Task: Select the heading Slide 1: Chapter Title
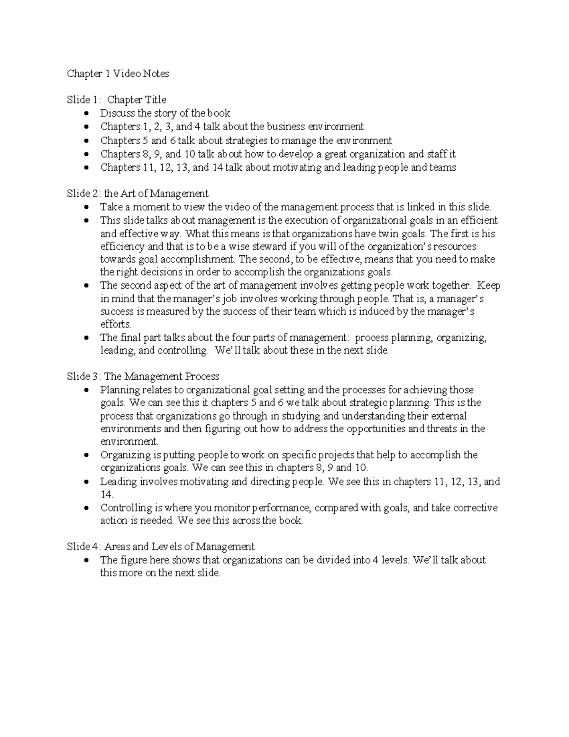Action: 116,100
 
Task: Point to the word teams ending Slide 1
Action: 443,168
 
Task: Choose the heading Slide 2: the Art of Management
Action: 138,194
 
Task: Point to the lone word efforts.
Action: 116,325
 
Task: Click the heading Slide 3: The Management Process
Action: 143,377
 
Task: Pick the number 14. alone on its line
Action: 107,494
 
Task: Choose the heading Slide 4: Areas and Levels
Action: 161,547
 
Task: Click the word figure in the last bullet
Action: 133,560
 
